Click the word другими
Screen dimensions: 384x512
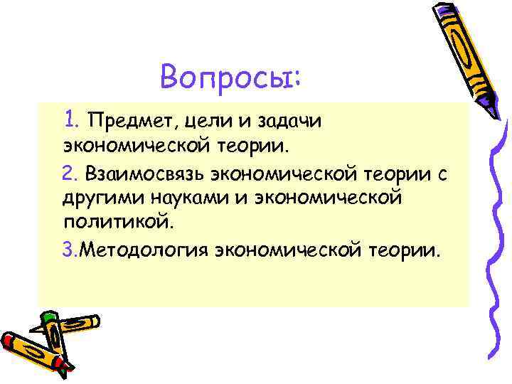click(x=100, y=197)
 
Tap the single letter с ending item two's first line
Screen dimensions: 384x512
click(x=442, y=174)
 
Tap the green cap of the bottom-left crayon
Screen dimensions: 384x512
click(x=48, y=319)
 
